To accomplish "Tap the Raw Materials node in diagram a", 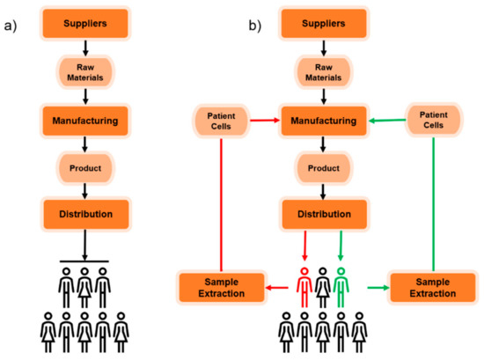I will [84, 70].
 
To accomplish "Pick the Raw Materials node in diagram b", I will [322, 70].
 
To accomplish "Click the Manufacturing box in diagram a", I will [84, 116].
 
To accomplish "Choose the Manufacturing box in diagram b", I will [322, 116].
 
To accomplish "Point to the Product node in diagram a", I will [84, 165].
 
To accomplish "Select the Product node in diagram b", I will [322, 165].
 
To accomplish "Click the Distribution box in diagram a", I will [84, 212].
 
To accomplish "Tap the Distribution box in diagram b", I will [322, 212].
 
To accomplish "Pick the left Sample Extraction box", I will [216, 284].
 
